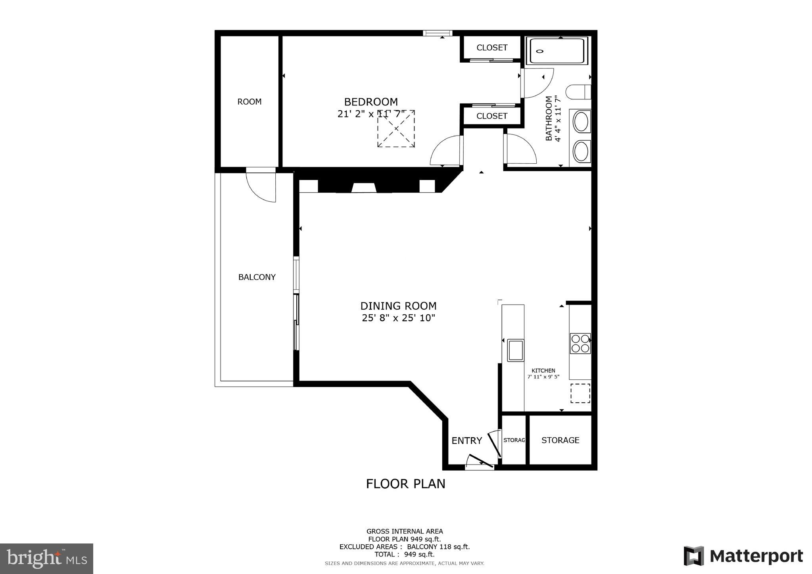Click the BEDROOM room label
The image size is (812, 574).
370,102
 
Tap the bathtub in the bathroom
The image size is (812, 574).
557,51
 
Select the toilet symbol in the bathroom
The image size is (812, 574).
578,92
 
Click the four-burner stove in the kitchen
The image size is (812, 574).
580,343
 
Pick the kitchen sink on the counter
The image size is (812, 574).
515,350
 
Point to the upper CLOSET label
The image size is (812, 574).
491,48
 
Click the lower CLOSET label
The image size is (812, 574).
491,116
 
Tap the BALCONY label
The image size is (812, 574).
257,277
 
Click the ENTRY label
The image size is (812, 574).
466,440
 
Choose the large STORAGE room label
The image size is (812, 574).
560,440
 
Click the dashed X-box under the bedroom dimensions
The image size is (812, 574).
396,129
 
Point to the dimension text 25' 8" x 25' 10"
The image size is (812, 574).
398,318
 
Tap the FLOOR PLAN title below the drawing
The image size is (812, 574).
405,484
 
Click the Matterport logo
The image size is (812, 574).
743,556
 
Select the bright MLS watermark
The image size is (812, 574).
46,559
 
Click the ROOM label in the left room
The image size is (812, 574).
249,102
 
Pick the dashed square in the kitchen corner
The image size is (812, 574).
580,393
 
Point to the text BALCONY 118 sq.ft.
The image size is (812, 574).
438,547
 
